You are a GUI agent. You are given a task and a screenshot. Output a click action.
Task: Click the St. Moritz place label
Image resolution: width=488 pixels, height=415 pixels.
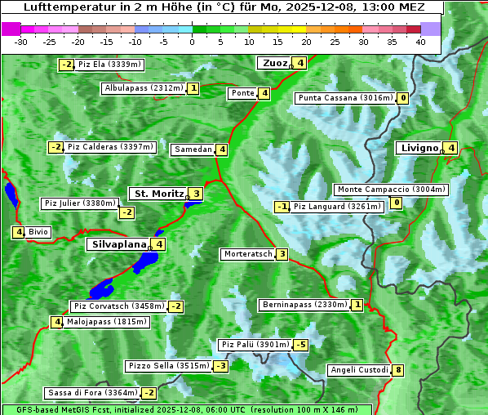[x=158, y=194]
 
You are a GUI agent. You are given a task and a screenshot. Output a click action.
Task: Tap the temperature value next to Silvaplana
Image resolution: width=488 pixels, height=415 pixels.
[x=158, y=243]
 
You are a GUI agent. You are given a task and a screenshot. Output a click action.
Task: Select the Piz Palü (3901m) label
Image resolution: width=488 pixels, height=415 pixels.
[x=255, y=345]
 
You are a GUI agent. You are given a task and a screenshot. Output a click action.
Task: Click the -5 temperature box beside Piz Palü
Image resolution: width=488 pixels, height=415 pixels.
[x=301, y=345]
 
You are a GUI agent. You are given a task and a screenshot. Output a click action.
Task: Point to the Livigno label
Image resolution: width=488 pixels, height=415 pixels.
[x=419, y=148]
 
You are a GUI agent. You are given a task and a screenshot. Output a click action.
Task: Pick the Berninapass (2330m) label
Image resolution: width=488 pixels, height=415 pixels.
[x=304, y=305]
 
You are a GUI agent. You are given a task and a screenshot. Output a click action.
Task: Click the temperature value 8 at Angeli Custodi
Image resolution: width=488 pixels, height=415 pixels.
[x=397, y=370]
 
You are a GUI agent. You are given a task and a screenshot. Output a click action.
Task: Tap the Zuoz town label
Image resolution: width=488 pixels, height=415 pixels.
[x=273, y=63]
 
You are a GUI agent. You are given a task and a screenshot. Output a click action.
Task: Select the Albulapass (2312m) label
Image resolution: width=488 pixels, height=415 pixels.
[x=144, y=88]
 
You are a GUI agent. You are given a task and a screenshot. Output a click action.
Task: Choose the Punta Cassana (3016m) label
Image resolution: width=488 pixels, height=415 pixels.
[x=345, y=98]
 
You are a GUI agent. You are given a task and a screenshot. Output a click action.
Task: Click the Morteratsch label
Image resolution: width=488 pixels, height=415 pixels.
[x=247, y=254]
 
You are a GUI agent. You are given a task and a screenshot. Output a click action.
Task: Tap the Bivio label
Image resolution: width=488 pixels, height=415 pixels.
[x=38, y=232]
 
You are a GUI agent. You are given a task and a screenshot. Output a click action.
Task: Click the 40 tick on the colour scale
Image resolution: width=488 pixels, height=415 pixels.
[x=419, y=42]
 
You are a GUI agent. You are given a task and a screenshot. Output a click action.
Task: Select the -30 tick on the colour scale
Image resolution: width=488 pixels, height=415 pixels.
[x=21, y=42]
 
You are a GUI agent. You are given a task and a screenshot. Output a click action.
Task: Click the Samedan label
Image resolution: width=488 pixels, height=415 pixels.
[x=193, y=149]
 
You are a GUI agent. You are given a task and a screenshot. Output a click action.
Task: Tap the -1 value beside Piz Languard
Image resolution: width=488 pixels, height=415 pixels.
[x=282, y=207]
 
